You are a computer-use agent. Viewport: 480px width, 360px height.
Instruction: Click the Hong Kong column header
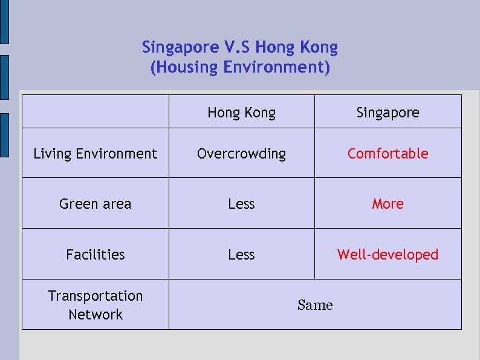241,113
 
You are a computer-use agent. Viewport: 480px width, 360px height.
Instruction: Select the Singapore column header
388,113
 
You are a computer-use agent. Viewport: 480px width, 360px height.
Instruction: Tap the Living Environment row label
95,154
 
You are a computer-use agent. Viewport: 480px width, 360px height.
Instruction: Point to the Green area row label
95,204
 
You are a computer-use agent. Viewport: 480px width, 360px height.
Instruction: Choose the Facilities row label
95,255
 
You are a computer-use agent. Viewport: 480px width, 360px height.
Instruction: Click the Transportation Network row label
95,305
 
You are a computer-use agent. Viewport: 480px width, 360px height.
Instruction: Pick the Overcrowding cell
241,154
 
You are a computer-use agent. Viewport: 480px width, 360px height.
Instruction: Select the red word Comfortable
388,154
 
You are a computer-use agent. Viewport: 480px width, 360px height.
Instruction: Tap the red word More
388,204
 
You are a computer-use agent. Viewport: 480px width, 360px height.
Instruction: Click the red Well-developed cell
388,255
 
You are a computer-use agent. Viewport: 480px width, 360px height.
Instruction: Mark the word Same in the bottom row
315,305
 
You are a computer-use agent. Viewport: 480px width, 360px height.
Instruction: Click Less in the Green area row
241,204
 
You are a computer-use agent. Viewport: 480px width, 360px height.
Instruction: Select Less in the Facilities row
241,255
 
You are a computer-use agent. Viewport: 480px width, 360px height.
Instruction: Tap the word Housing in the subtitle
184,67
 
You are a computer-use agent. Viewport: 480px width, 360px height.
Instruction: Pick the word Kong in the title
319,47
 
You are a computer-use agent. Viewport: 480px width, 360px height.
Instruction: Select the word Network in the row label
96,315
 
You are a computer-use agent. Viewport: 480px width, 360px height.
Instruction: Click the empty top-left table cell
95,111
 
